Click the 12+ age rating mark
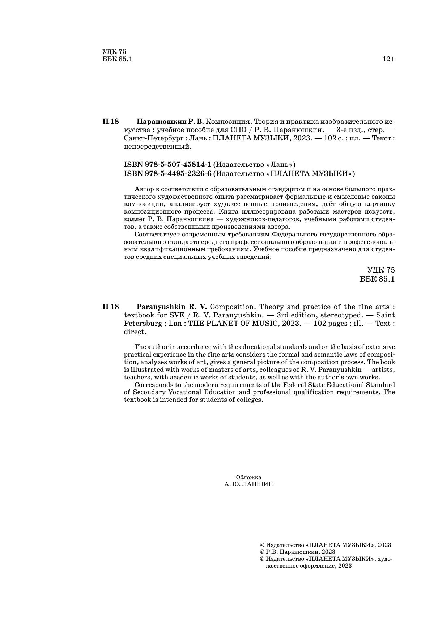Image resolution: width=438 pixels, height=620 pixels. point(388,59)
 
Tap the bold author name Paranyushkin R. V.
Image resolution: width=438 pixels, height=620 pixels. point(171,307)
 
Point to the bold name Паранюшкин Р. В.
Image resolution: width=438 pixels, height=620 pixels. point(170,121)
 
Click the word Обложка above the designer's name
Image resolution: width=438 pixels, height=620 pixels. point(248,477)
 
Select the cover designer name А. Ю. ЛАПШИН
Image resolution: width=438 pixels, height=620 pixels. point(248,484)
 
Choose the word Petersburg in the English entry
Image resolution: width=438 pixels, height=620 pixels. point(144,324)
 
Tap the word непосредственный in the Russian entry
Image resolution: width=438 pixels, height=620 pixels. point(157,147)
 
